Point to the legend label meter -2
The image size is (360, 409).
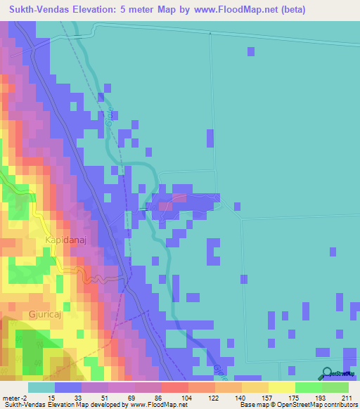tap(14, 397)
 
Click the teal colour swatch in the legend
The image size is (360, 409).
tap(41, 387)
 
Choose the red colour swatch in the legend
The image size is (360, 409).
tap(174, 387)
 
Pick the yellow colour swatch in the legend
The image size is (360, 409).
tap(281, 387)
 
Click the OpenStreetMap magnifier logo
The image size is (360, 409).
tap(325, 374)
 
